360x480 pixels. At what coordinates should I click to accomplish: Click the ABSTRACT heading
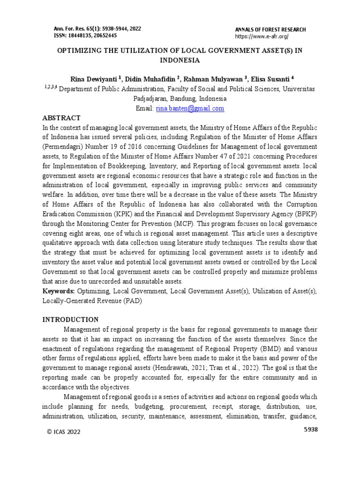pyautogui.click(x=61, y=118)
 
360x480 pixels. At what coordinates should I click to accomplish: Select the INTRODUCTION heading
pyautogui.click(x=70, y=319)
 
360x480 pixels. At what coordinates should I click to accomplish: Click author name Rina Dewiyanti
pyautogui.click(x=94, y=78)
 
